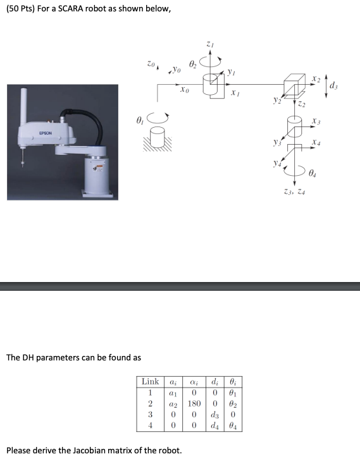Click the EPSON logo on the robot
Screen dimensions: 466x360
(x=45, y=133)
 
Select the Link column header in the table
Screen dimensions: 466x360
(x=150, y=381)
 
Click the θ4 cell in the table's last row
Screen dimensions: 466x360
(x=233, y=425)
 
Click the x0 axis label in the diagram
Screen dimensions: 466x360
(x=184, y=90)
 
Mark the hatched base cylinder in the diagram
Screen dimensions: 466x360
(x=158, y=135)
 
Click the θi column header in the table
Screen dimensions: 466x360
(x=233, y=381)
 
